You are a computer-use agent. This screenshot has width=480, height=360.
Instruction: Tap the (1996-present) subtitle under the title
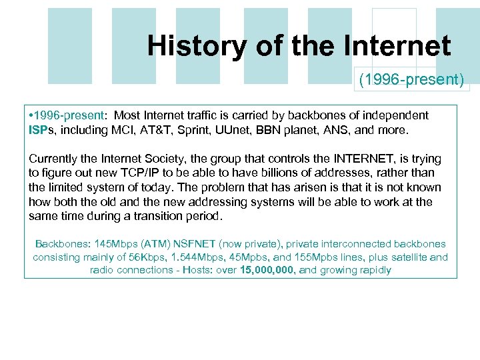(x=411, y=80)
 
